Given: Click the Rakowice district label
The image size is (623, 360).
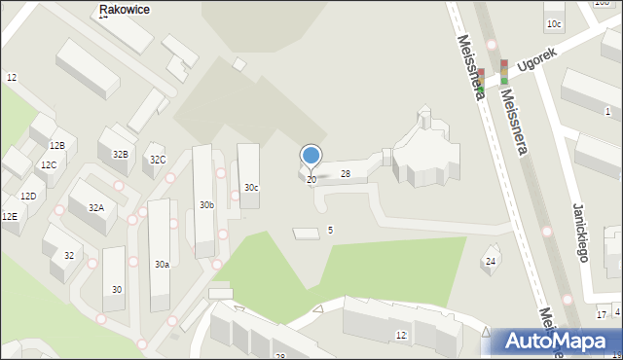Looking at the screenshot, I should tap(126, 9).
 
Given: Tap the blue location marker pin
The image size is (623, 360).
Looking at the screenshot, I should tap(311, 156).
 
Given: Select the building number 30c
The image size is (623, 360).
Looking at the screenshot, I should tap(251, 187).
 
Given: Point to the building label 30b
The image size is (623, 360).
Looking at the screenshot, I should tap(206, 205).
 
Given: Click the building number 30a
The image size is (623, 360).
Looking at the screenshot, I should tap(162, 264).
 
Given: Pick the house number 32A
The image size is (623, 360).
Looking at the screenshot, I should tap(96, 207).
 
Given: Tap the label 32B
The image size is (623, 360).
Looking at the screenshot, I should tap(120, 154).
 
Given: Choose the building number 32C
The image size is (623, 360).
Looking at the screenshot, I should tap(157, 160).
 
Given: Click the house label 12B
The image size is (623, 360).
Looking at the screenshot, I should tap(56, 146).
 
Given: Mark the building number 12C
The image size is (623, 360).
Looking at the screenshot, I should tap(49, 165).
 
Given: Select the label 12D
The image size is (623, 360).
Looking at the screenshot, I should tap(28, 197).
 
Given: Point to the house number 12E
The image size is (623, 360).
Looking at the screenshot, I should tap(9, 217).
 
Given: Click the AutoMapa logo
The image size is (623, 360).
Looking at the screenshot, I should tap(554, 341).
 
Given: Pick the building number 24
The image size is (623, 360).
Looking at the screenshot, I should tap(491, 261).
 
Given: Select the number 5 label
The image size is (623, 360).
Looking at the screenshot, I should tap(330, 230).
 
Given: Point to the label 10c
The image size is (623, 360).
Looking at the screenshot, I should tap(553, 23).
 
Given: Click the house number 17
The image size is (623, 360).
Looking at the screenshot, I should tap(602, 313).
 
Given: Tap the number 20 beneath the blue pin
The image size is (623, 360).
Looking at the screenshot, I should tap(311, 180).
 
